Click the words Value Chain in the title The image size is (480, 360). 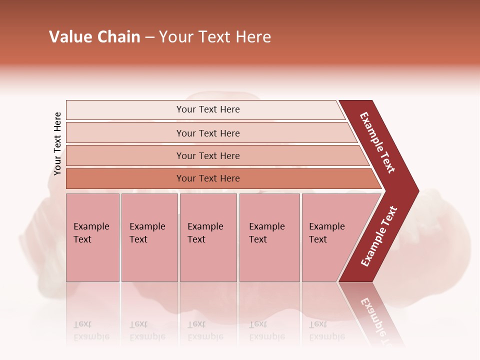[x=94, y=37]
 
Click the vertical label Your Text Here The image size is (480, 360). [x=58, y=143]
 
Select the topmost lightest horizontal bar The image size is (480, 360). [x=125, y=110]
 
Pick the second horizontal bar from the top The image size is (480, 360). [x=125, y=133]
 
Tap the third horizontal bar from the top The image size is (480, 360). [x=125, y=155]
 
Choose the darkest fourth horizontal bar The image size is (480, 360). [x=125, y=178]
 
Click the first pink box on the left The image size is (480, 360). [x=92, y=260]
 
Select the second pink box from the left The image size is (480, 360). [x=149, y=260]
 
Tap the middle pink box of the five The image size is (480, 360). [x=208, y=260]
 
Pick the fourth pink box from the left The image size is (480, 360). [x=269, y=260]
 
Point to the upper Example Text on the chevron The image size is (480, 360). [x=377, y=142]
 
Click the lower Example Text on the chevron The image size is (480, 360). [x=379, y=236]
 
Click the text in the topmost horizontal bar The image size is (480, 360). [x=208, y=109]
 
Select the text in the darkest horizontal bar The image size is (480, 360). [x=208, y=178]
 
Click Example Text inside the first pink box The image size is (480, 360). [x=91, y=233]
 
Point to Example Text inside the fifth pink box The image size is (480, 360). [x=326, y=233]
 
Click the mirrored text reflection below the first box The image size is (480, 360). [x=91, y=330]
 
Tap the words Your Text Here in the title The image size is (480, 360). [x=215, y=37]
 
